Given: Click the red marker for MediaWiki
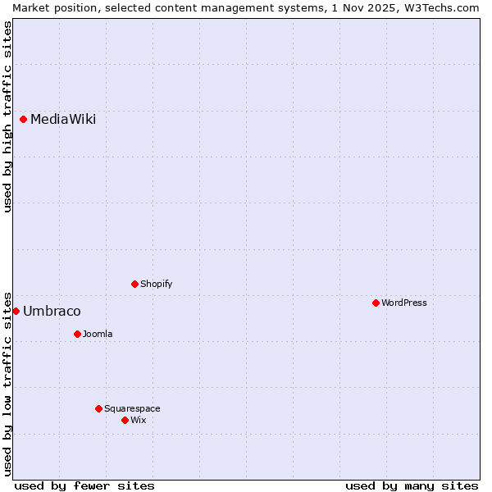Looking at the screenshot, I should tap(24, 119).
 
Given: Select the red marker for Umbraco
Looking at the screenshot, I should tap(16, 311).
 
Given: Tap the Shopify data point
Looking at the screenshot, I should tap(134, 284).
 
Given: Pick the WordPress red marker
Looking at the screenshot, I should tap(376, 303).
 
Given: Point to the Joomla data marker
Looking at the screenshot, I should tap(77, 334).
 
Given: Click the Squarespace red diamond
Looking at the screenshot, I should tap(98, 408).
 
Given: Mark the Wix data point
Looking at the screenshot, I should tap(125, 420).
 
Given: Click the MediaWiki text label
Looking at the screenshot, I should tap(63, 120).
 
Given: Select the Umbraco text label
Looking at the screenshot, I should tap(52, 312).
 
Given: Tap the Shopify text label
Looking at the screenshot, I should tap(156, 284).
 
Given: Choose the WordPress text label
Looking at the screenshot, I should tap(404, 303).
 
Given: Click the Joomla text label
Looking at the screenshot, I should tap(98, 334).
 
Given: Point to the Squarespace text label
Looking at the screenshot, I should tap(132, 408).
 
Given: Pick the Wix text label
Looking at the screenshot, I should tap(139, 420).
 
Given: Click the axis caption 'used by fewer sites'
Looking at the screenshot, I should tap(84, 485).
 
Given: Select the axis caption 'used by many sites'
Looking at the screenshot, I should tap(412, 485).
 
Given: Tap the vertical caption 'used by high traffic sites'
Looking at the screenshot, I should tap(7, 116).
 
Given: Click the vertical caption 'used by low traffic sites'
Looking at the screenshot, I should tap(7, 383).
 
